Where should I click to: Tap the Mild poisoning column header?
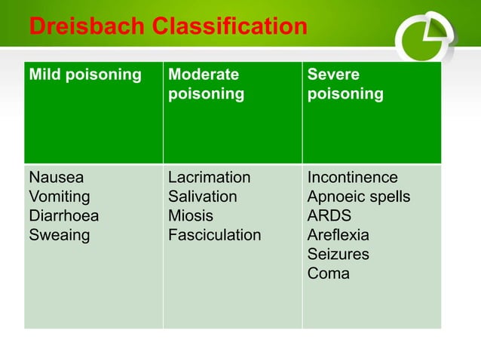point(84,75)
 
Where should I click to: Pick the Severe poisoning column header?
point(345,84)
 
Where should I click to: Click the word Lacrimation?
point(209,178)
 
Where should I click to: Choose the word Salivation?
point(202,197)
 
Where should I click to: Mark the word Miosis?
point(190,216)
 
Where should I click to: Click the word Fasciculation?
point(214,236)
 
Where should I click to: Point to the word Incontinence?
point(352,178)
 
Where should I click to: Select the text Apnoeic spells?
point(359,197)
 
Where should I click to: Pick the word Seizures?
point(338,255)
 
